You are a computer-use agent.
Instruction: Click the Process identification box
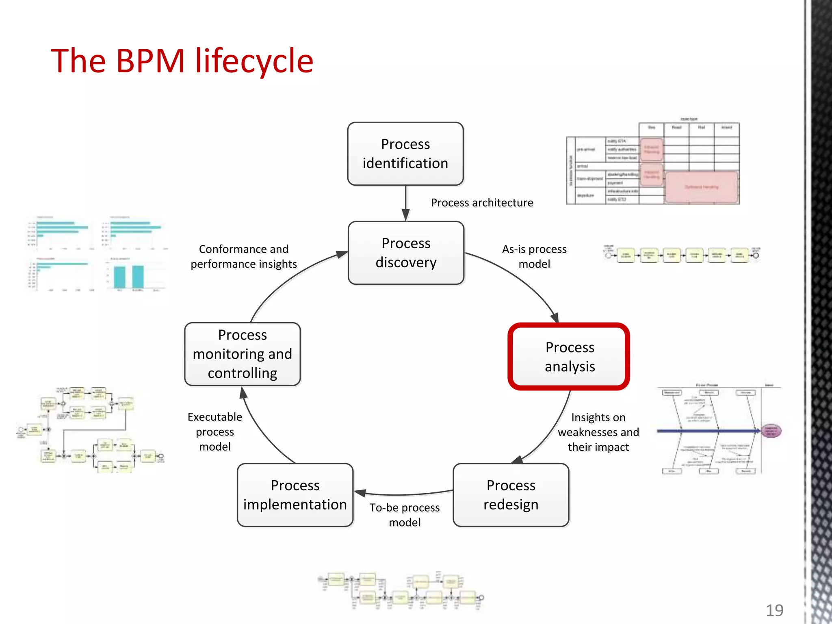click(x=405, y=154)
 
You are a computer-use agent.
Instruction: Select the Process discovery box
click(x=406, y=253)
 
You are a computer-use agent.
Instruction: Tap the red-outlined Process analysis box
click(x=569, y=357)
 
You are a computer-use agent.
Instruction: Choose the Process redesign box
click(x=511, y=495)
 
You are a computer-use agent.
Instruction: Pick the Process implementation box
click(x=295, y=495)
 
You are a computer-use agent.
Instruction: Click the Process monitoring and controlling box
click(x=243, y=354)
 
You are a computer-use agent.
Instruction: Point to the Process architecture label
click(x=482, y=202)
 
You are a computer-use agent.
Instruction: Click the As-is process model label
click(x=534, y=256)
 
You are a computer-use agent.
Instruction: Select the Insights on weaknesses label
click(x=598, y=432)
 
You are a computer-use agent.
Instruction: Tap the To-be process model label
click(x=404, y=515)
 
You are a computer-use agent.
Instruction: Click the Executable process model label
click(x=215, y=431)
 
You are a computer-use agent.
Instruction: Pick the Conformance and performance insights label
click(x=244, y=256)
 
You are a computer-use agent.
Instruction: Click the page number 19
click(x=774, y=610)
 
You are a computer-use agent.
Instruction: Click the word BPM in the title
click(x=150, y=61)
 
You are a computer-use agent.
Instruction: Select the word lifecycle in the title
click(x=254, y=61)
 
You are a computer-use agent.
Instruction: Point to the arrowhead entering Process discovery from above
click(x=405, y=215)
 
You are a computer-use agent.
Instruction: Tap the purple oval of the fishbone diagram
click(x=771, y=431)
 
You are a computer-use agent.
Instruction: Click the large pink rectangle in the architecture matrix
click(x=702, y=187)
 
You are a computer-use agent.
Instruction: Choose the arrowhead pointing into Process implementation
click(x=360, y=493)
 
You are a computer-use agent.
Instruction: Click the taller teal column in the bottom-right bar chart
click(x=138, y=277)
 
